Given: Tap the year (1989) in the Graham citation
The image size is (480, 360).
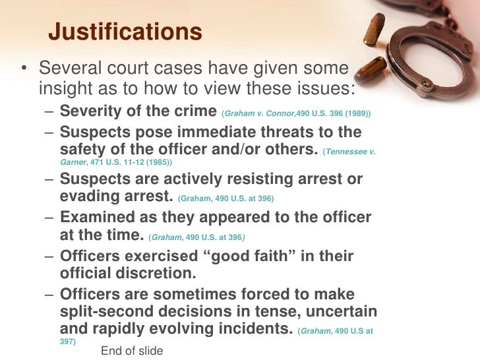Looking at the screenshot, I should click(x=357, y=114).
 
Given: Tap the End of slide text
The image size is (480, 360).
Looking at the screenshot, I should click(x=131, y=351).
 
